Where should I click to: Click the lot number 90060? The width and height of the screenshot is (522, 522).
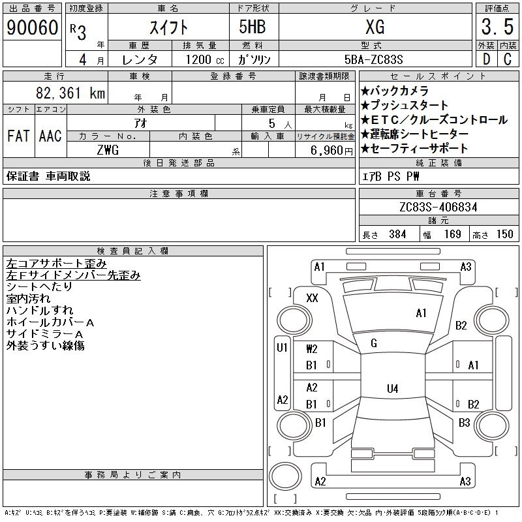[x=32, y=27]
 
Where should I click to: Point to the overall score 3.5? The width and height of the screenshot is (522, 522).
[x=496, y=27]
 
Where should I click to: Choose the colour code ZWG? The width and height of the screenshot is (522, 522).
[x=108, y=150]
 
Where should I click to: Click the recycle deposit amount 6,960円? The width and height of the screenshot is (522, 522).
[x=334, y=150]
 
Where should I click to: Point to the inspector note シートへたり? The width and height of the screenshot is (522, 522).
[x=39, y=286]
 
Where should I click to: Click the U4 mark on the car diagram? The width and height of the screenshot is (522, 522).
[x=392, y=389]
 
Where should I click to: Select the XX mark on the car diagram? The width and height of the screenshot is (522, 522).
[x=312, y=298]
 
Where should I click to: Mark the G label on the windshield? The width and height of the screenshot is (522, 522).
[x=374, y=343]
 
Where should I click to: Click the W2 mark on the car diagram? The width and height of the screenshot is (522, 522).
[x=311, y=349]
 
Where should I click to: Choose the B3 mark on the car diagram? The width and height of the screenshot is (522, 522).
[x=464, y=423]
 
